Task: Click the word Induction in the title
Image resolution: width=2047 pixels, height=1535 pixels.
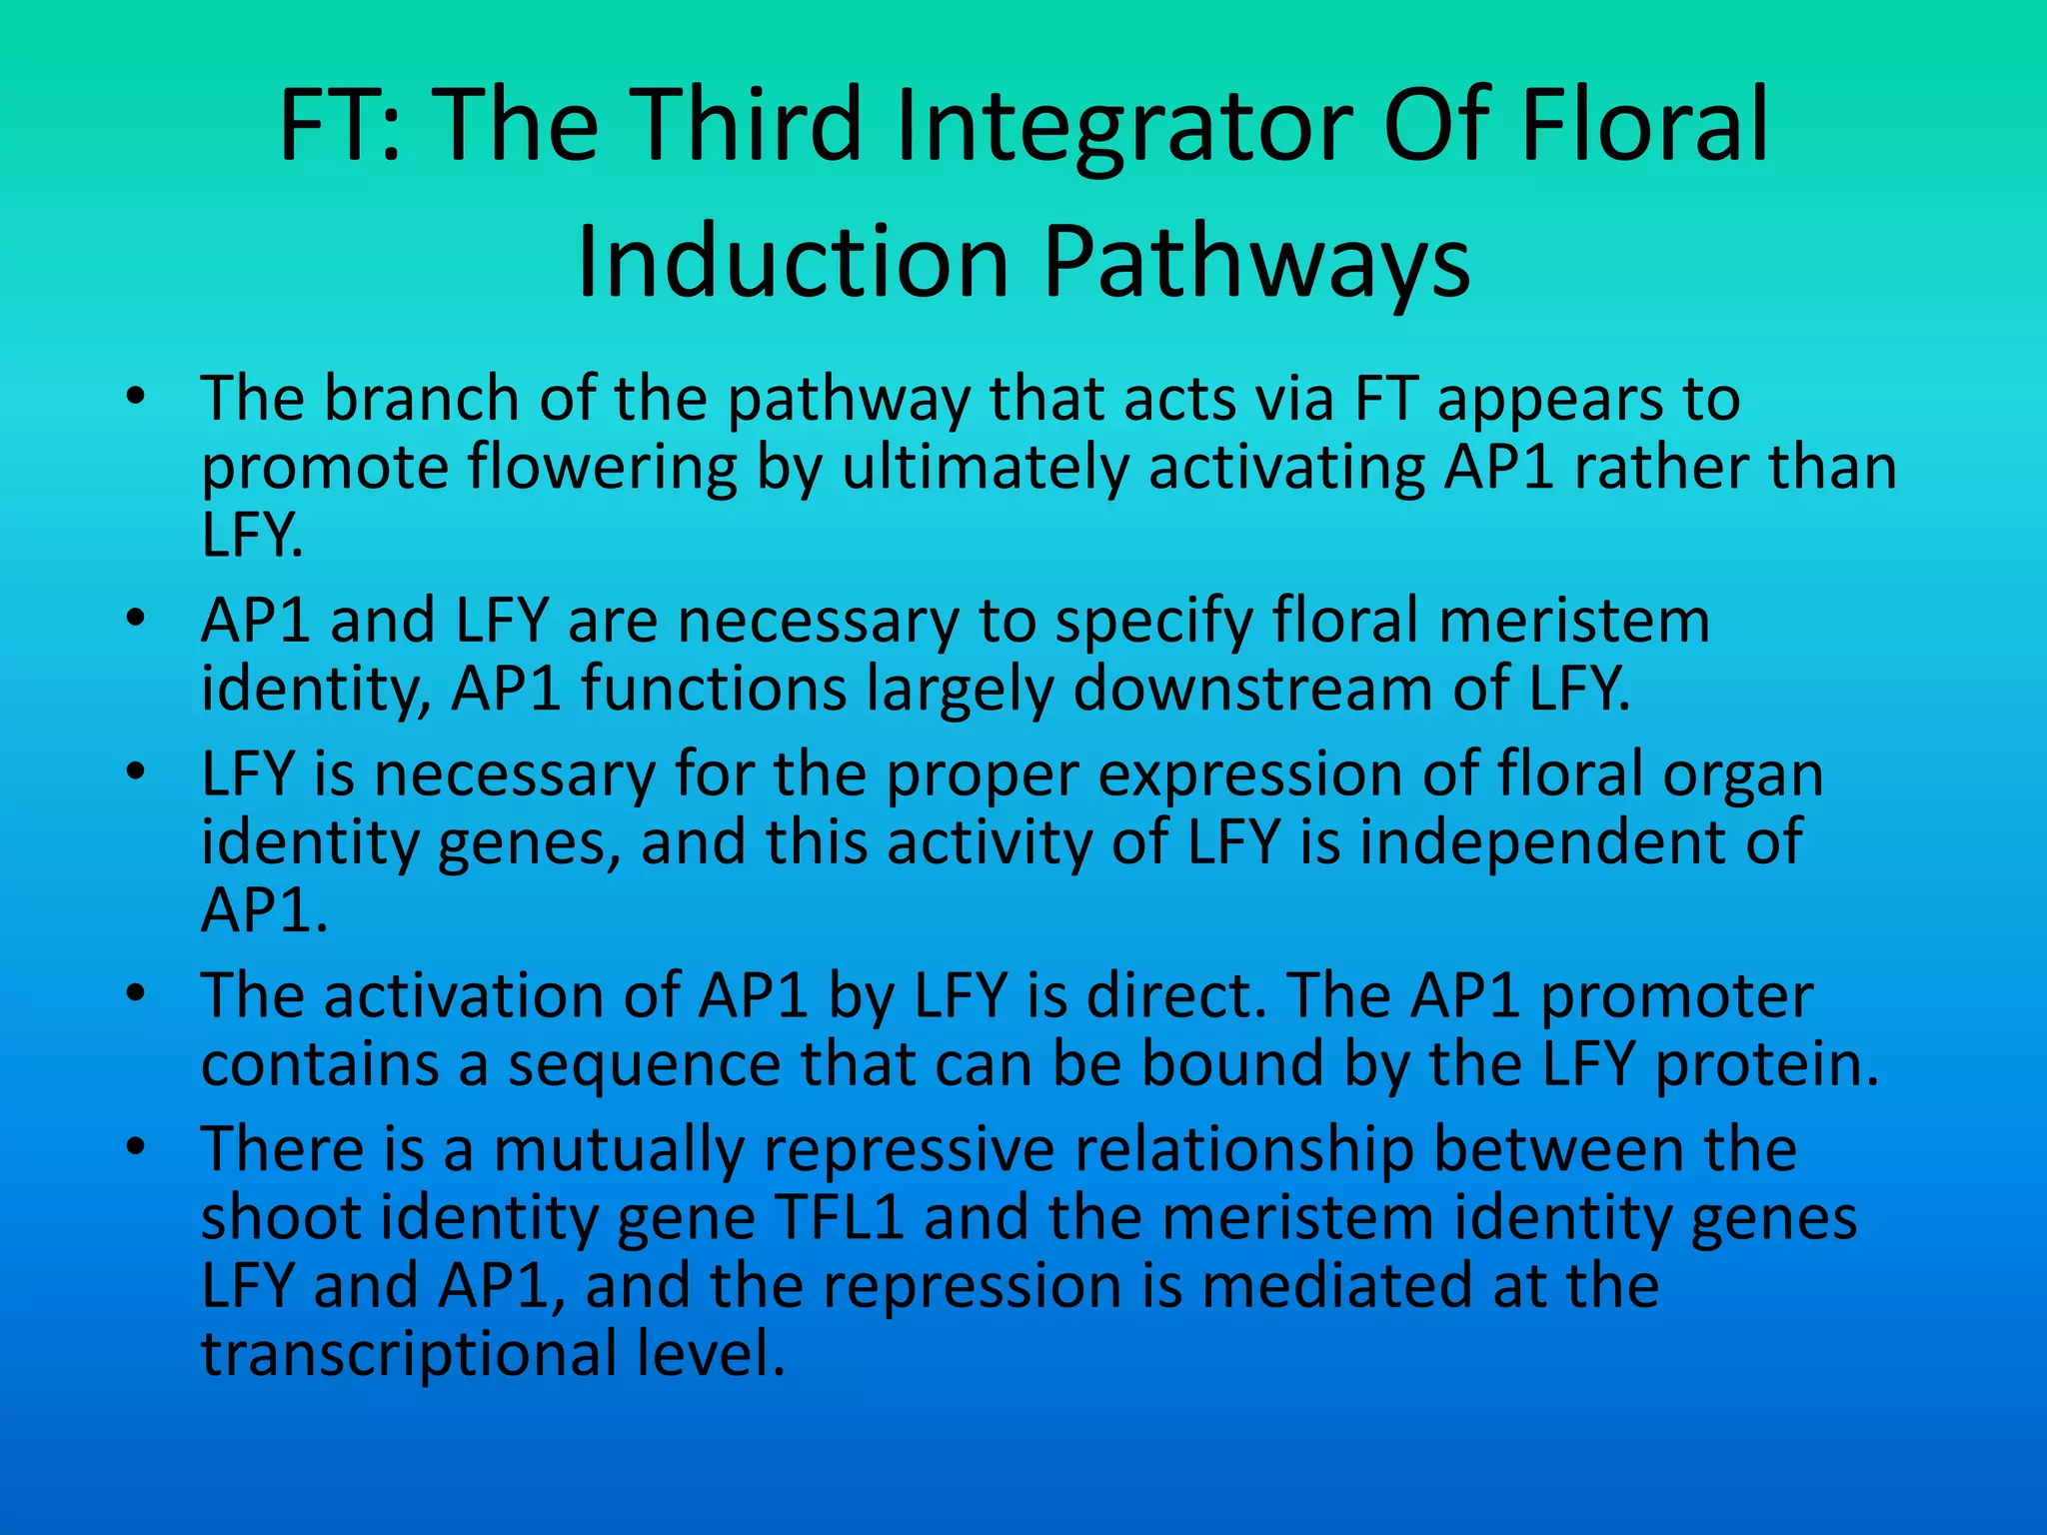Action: click(x=793, y=262)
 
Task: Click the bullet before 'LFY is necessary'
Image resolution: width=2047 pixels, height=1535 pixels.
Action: click(x=137, y=773)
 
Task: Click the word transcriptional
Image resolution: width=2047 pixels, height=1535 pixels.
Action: click(x=409, y=1355)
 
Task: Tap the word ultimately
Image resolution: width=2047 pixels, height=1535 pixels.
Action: click(x=985, y=468)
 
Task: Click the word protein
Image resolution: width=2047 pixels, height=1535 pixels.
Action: click(x=1767, y=1064)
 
